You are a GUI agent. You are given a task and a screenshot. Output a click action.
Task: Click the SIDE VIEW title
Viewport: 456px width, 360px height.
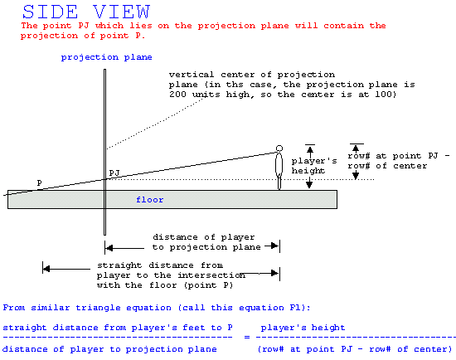(x=86, y=12)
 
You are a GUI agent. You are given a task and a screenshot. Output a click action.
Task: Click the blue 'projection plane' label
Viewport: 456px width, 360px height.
(x=106, y=57)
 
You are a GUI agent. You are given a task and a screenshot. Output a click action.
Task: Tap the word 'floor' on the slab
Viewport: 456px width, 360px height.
(x=150, y=200)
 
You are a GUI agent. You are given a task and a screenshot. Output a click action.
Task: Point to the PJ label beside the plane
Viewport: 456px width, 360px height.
(x=114, y=173)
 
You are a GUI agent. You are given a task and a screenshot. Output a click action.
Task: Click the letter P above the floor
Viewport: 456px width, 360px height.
(x=39, y=182)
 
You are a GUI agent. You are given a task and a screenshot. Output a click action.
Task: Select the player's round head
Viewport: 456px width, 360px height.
(x=279, y=148)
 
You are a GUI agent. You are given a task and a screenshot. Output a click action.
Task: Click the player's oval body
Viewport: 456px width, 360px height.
(x=279, y=164)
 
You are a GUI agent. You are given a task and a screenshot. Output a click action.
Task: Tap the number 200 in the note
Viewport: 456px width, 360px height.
(x=177, y=95)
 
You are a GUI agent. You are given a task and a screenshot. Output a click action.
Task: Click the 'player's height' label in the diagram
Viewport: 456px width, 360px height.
(x=314, y=166)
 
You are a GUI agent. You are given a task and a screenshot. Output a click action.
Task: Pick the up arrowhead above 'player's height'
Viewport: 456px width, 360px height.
(x=310, y=150)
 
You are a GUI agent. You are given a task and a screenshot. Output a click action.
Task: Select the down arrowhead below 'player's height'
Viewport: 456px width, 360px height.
(x=309, y=184)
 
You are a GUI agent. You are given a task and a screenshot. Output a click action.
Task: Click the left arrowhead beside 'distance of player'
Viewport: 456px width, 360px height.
(x=109, y=248)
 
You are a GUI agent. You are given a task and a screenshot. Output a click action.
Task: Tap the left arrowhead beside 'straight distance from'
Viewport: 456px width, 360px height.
(x=46, y=269)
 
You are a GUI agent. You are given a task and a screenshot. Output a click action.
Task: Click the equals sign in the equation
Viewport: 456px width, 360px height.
(x=247, y=337)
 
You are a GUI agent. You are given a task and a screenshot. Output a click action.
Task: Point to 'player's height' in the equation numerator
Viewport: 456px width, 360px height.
(x=303, y=328)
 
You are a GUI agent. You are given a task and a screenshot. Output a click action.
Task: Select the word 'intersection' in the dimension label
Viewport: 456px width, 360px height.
(x=211, y=275)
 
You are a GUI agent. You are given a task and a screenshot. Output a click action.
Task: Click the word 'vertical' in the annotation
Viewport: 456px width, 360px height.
(x=192, y=75)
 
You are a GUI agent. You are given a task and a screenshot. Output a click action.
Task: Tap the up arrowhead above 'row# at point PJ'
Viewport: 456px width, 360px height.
(x=356, y=148)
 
